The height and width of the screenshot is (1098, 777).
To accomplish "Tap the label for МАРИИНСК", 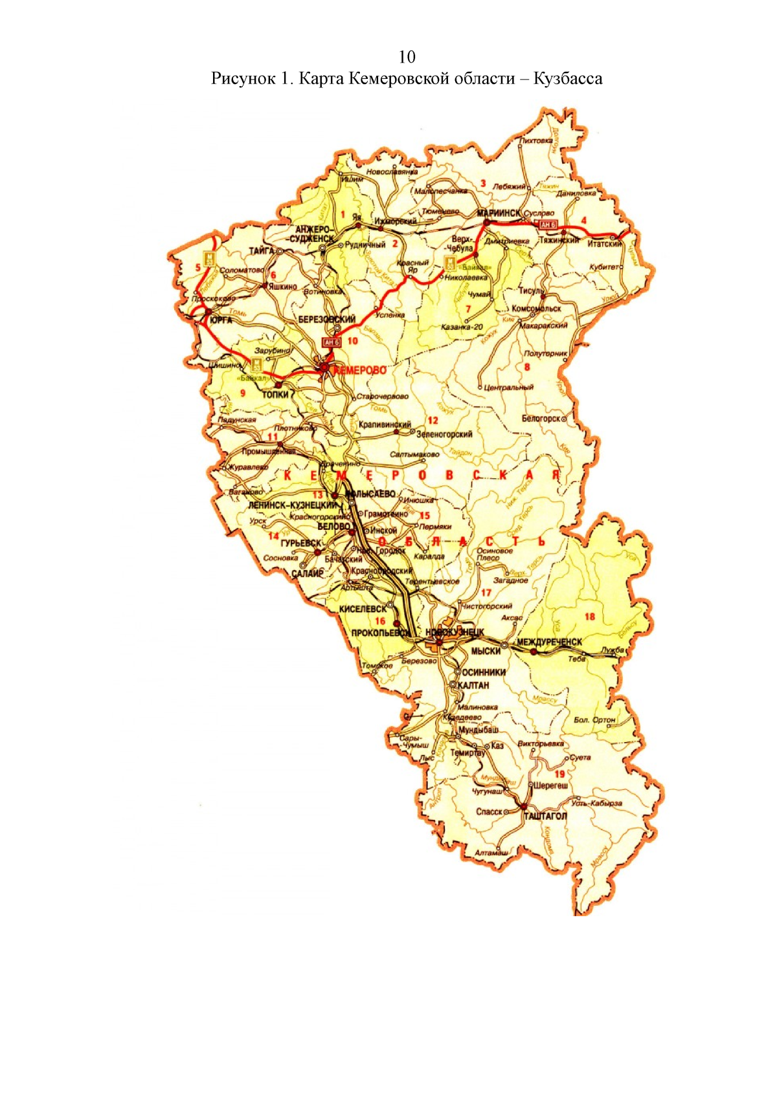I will (499, 213).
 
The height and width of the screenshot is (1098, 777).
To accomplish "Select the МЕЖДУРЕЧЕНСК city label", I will (549, 642).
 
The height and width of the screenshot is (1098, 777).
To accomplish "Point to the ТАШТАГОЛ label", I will (545, 816).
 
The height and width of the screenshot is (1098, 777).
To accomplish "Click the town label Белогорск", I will (541, 419).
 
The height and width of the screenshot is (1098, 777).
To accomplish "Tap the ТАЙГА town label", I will (262, 250).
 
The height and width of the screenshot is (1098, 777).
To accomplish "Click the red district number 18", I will (589, 616).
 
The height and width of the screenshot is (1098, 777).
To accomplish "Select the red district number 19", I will (559, 774).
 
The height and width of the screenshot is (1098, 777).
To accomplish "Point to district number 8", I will (527, 367).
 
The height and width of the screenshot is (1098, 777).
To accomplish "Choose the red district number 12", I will (433, 421).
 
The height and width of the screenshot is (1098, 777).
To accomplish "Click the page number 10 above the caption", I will (407, 57).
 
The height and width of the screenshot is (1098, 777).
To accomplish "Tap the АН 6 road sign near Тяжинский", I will (548, 224).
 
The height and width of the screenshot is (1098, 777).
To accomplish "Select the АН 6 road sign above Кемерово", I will (332, 342).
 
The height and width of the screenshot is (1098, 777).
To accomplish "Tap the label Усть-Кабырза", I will (596, 803).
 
